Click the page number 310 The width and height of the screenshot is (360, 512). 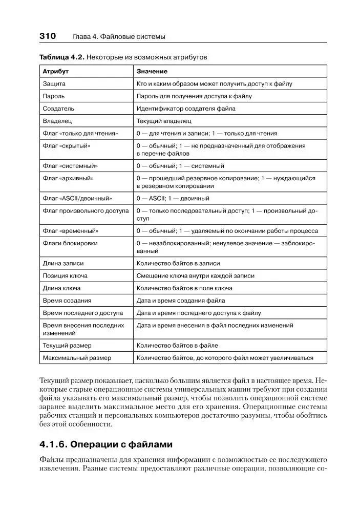pyautogui.click(x=47, y=36)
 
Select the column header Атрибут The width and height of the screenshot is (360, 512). pyautogui.click(x=55, y=71)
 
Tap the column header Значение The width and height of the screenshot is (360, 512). pyautogui.click(x=152, y=71)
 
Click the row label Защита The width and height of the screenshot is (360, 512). pyautogui.click(x=54, y=83)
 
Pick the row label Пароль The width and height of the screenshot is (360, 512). pyautogui.click(x=54, y=96)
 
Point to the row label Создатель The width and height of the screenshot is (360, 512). pyautogui.click(x=58, y=109)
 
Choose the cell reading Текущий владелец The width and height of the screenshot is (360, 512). pyautogui.click(x=164, y=121)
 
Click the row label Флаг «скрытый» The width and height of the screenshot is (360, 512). pyautogui.click(x=67, y=146)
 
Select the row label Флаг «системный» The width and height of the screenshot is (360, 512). pyautogui.click(x=70, y=166)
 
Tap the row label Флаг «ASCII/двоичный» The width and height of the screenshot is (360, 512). pyautogui.click(x=77, y=198)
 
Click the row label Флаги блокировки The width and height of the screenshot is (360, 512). pyautogui.click(x=70, y=243)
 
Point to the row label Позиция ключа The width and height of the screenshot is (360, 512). pyautogui.click(x=65, y=275)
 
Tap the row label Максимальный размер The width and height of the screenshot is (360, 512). pyautogui.click(x=77, y=358)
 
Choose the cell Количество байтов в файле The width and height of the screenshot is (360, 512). pyautogui.click(x=177, y=346)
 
